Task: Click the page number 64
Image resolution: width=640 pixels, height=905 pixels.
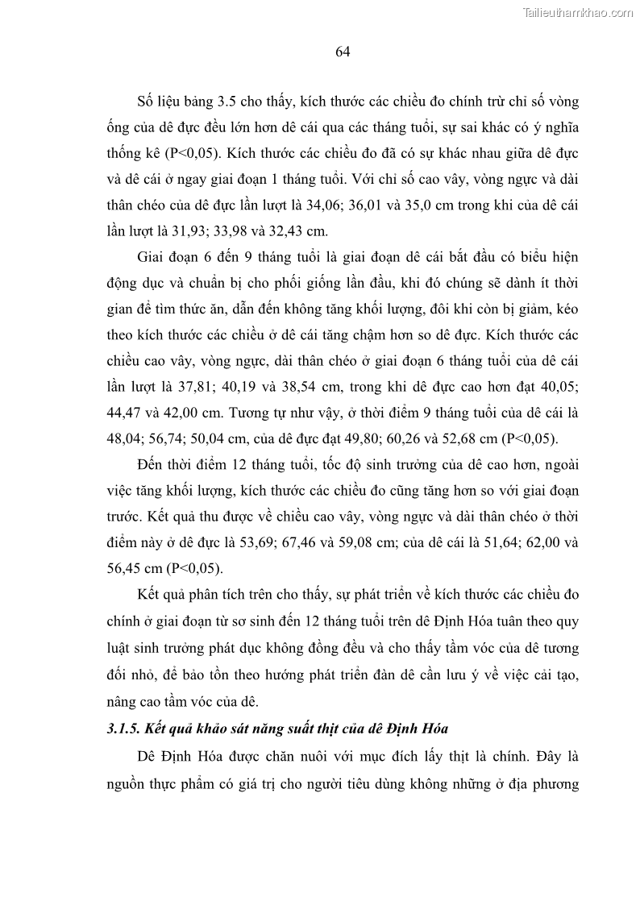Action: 341,52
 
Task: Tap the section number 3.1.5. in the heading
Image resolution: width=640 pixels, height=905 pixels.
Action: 128,729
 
